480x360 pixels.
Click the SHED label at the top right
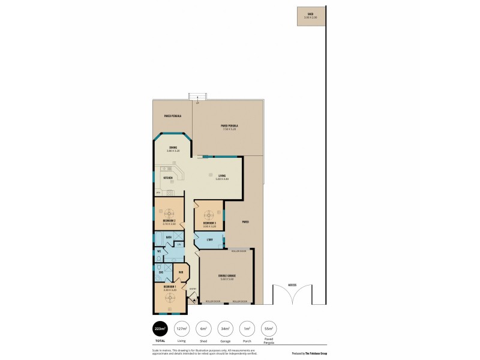[x=310, y=13]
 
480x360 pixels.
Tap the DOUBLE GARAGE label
[x=227, y=276]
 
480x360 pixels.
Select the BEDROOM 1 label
[x=169, y=287]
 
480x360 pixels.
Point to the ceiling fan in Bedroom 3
[x=209, y=214]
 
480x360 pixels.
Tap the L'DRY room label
[x=210, y=240]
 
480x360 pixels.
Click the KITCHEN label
[x=169, y=178]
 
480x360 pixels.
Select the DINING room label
[x=173, y=147]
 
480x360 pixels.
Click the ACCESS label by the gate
[x=292, y=284]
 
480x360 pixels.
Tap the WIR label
[x=181, y=272]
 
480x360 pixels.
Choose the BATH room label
[x=169, y=237]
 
